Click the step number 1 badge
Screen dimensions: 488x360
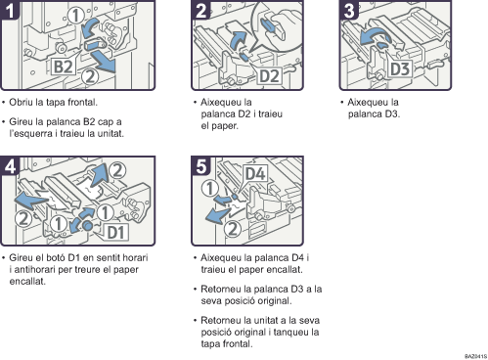10,10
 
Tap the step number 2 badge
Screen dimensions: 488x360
201,10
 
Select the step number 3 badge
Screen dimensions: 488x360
349,10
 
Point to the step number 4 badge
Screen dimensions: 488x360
10,166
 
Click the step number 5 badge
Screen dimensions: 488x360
201,166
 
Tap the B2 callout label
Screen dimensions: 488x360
64,67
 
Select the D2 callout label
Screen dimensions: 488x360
269,76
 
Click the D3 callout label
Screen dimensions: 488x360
400,68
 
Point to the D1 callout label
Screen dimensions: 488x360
116,232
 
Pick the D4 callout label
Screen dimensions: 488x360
255,173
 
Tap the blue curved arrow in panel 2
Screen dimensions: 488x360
238,40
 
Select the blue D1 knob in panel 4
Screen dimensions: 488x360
87,225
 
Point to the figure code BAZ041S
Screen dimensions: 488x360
475,356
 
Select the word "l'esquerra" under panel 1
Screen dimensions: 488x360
30,133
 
